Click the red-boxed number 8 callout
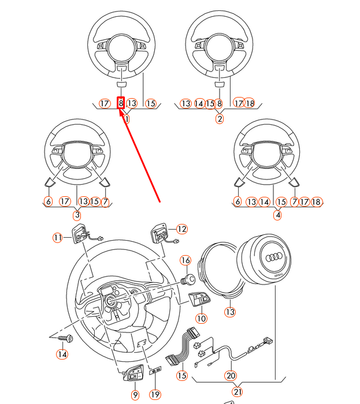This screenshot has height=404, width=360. tap(121, 103)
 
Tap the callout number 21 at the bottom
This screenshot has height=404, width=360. tap(237, 392)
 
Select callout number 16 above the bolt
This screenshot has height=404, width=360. tap(185, 260)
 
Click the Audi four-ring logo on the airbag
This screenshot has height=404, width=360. tap(274, 257)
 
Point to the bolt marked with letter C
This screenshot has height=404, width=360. tap(188, 279)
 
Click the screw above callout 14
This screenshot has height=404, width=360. tap(65, 338)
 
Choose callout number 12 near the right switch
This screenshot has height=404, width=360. tap(182, 229)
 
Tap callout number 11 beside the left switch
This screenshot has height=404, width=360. tap(58, 237)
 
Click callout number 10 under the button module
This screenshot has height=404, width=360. tap(201, 319)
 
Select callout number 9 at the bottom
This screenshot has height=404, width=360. tap(135, 395)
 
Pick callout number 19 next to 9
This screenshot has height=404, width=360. tap(155, 395)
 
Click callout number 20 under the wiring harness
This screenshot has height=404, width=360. tap(231, 375)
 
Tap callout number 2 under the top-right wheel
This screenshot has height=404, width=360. tap(220, 119)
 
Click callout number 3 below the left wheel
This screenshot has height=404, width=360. tap(77, 215)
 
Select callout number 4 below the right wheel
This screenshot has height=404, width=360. tap(277, 215)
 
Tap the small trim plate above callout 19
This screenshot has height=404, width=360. tap(155, 371)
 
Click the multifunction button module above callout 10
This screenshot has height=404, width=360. tap(199, 299)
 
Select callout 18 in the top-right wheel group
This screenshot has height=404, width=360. tap(250, 103)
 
